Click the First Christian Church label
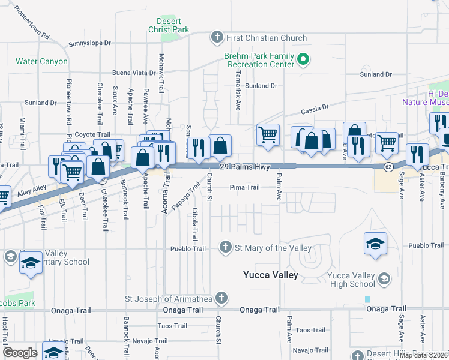click(x=267, y=38)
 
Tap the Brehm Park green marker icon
click(x=303, y=59)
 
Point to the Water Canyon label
click(x=41, y=61)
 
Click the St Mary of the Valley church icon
click(x=226, y=247)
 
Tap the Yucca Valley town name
click(x=270, y=275)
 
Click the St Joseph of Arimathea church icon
click(x=221, y=298)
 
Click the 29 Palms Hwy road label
click(x=244, y=166)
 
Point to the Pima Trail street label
click(x=244, y=187)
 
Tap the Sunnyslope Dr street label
click(x=90, y=43)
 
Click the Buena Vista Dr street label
click(x=130, y=73)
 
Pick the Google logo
click(x=20, y=353)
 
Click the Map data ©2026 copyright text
click(x=423, y=355)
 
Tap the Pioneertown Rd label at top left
click(x=32, y=22)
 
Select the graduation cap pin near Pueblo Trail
click(x=375, y=244)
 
